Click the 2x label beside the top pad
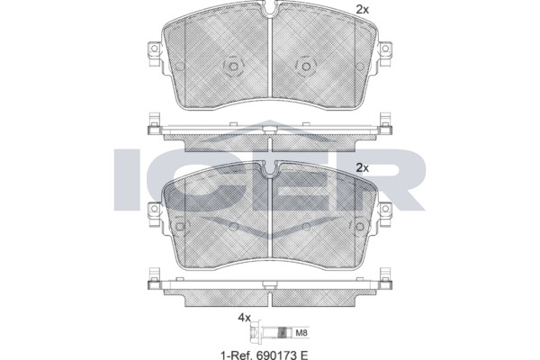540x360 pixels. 363,10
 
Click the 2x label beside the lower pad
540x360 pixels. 363,167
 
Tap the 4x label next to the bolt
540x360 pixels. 244,318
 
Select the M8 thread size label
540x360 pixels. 301,333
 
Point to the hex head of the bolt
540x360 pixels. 254,332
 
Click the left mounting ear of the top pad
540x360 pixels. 154,54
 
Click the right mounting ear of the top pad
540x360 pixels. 385,54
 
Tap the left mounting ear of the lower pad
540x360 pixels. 154,214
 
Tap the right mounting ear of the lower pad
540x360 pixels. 385,214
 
